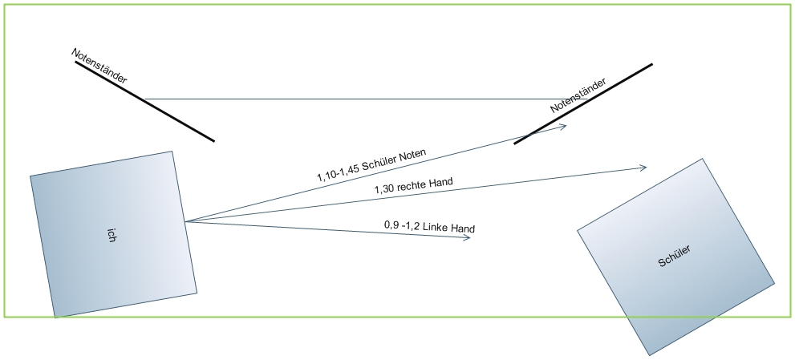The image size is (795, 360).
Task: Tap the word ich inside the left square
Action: click(x=112, y=234)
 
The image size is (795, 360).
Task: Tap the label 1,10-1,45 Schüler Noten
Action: click(x=371, y=164)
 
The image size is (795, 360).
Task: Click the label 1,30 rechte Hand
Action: click(x=413, y=187)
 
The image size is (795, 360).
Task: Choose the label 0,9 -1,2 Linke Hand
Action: click(x=430, y=229)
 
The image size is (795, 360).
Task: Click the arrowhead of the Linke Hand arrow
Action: click(x=468, y=237)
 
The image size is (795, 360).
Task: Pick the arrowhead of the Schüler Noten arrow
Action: click(x=565, y=125)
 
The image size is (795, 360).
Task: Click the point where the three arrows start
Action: click(x=185, y=221)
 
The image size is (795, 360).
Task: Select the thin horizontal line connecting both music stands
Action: click(x=345, y=99)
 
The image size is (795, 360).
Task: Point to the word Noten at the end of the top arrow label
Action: click(x=410, y=153)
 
